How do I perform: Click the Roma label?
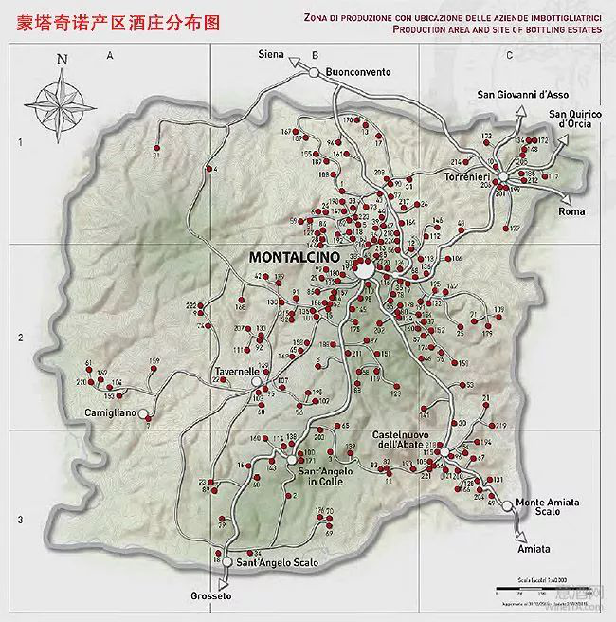point(572,210)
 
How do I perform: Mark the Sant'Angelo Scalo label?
point(279,563)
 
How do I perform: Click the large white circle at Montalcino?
point(365,270)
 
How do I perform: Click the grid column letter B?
point(314,56)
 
